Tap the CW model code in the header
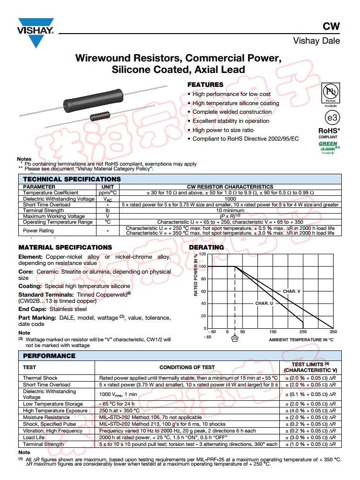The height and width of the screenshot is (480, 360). click(x=332, y=27)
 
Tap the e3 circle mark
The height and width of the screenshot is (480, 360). click(x=330, y=118)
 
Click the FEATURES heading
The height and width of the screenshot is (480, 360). click(x=205, y=84)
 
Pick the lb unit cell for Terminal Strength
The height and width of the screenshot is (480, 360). click(x=108, y=211)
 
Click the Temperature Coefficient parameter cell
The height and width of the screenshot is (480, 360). click(x=51, y=192)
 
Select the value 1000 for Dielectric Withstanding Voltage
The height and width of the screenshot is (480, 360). click(x=230, y=199)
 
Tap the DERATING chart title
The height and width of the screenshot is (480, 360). click(x=206, y=247)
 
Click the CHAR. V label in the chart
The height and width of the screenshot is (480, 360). click(x=291, y=291)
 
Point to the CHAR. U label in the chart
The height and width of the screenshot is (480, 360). click(x=264, y=303)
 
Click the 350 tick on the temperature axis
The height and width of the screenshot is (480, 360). click(x=333, y=332)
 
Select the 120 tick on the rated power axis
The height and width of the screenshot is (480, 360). click(x=202, y=254)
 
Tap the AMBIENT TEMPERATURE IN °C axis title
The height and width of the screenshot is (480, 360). click(x=301, y=339)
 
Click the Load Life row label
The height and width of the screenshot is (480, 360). click(x=34, y=437)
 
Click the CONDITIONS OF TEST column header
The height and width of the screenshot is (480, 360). click(x=187, y=368)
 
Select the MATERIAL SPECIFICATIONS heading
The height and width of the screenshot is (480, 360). click(x=65, y=247)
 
